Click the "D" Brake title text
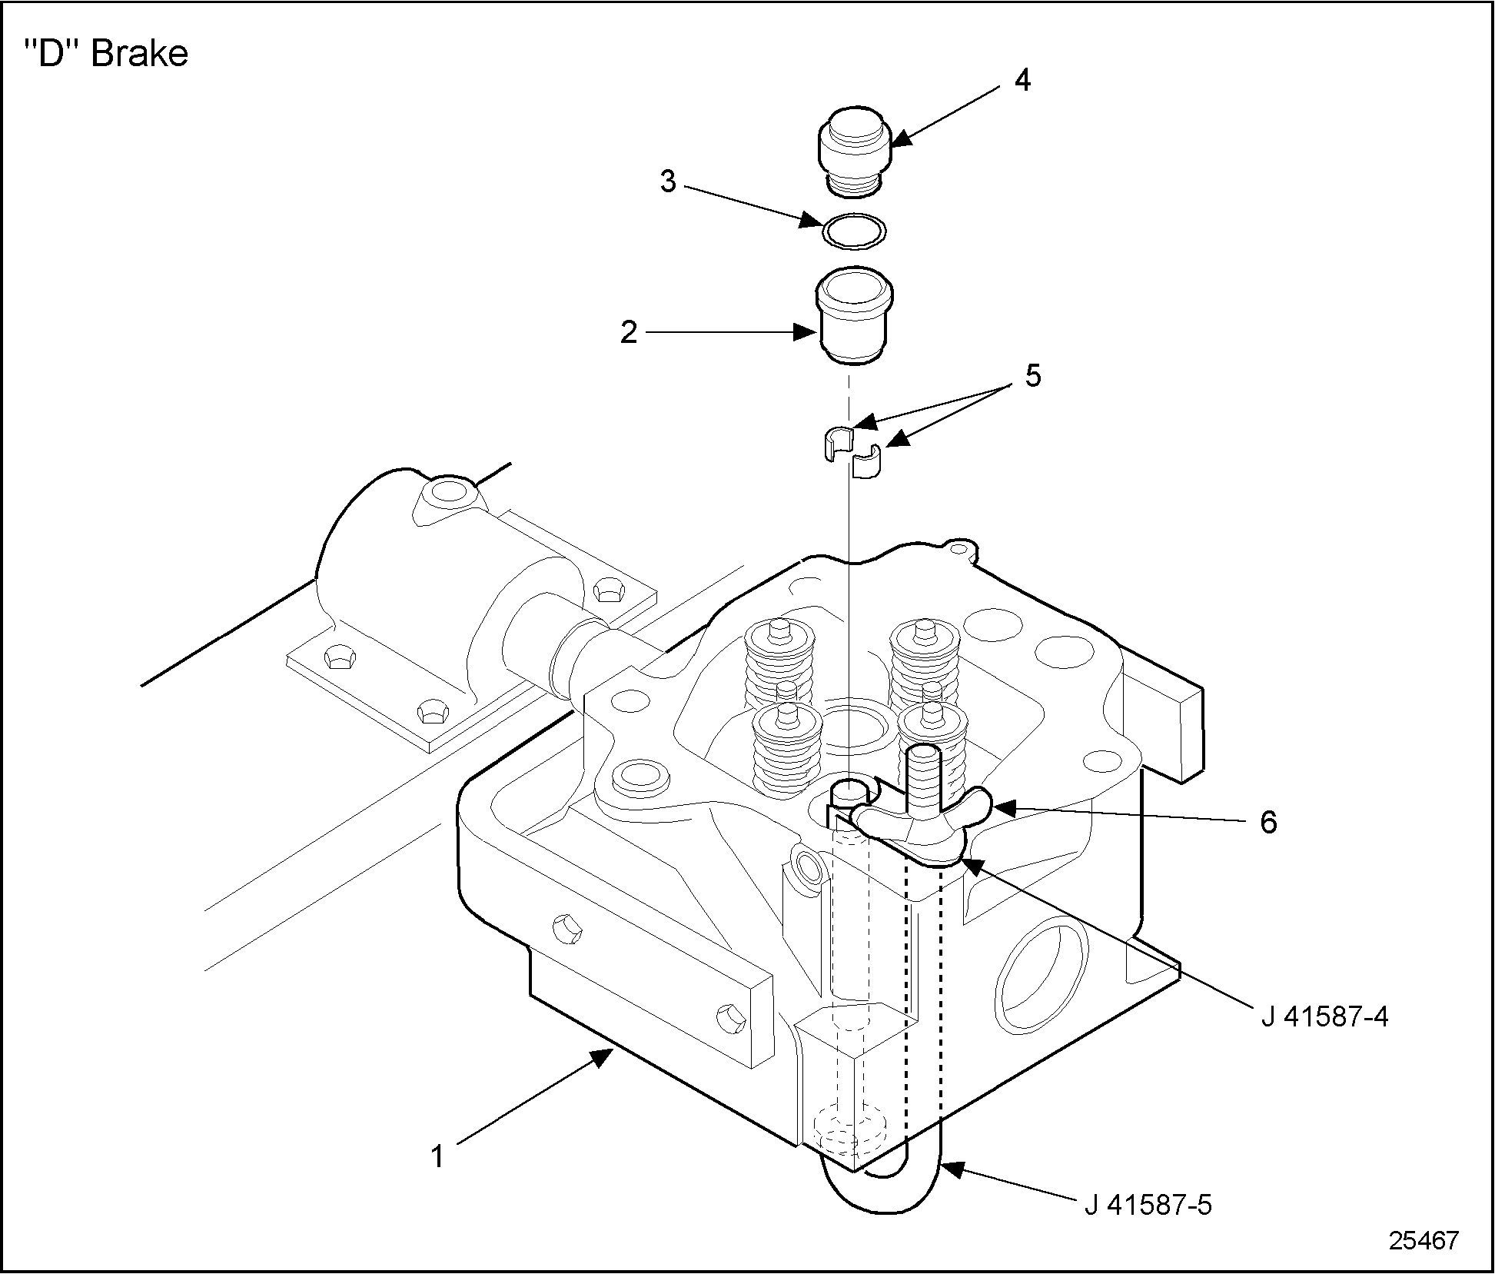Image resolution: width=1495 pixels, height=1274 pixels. [x=107, y=55]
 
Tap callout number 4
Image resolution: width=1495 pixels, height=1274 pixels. [x=1022, y=80]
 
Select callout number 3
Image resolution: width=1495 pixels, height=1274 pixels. [x=668, y=182]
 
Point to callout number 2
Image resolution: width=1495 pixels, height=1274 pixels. [x=629, y=333]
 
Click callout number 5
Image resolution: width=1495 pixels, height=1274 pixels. [x=1032, y=377]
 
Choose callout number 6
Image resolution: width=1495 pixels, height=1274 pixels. [x=1268, y=822]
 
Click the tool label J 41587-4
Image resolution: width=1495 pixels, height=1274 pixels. [x=1324, y=1017]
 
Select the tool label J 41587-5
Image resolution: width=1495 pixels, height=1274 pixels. [x=1148, y=1205]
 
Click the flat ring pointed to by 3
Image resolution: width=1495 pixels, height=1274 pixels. [x=853, y=229]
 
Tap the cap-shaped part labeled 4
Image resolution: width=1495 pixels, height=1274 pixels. [x=853, y=150]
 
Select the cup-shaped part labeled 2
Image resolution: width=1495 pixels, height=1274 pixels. [x=853, y=315]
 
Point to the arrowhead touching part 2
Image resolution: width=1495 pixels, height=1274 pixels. [x=806, y=333]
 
